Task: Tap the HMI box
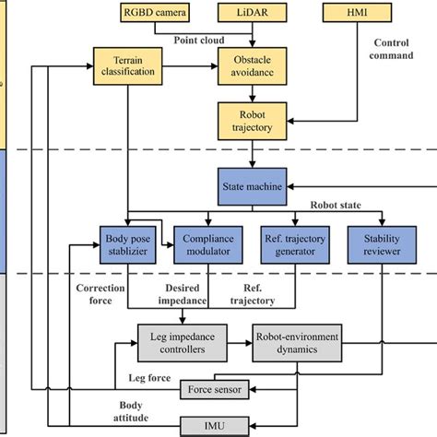[349, 13]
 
